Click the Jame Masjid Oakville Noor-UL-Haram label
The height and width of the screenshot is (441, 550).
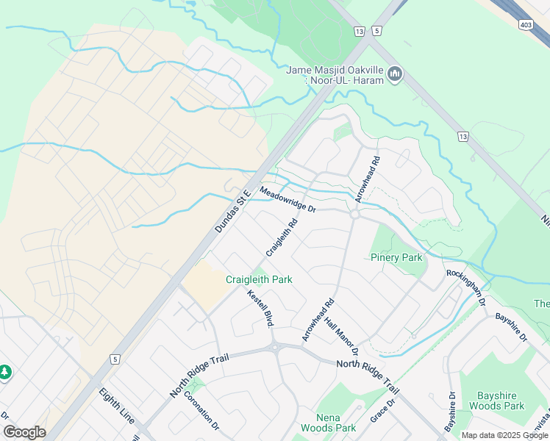pos(335,75)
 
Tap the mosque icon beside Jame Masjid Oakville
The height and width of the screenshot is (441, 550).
pos(396,73)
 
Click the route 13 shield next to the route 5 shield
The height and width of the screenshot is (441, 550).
pos(359,31)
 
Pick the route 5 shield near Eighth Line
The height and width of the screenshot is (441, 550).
pos(115,359)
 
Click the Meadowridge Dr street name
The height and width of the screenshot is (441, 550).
pos(287,200)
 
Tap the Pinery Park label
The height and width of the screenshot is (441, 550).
pos(396,257)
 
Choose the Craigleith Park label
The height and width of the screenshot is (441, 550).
pos(259,279)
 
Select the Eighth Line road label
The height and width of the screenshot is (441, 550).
pos(116,405)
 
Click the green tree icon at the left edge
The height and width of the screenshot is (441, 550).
pos(5,373)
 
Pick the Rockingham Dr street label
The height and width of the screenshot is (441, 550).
pos(466,287)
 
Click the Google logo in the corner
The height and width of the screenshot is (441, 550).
pos(24,432)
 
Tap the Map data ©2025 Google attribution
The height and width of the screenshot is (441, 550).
pos(504,435)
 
